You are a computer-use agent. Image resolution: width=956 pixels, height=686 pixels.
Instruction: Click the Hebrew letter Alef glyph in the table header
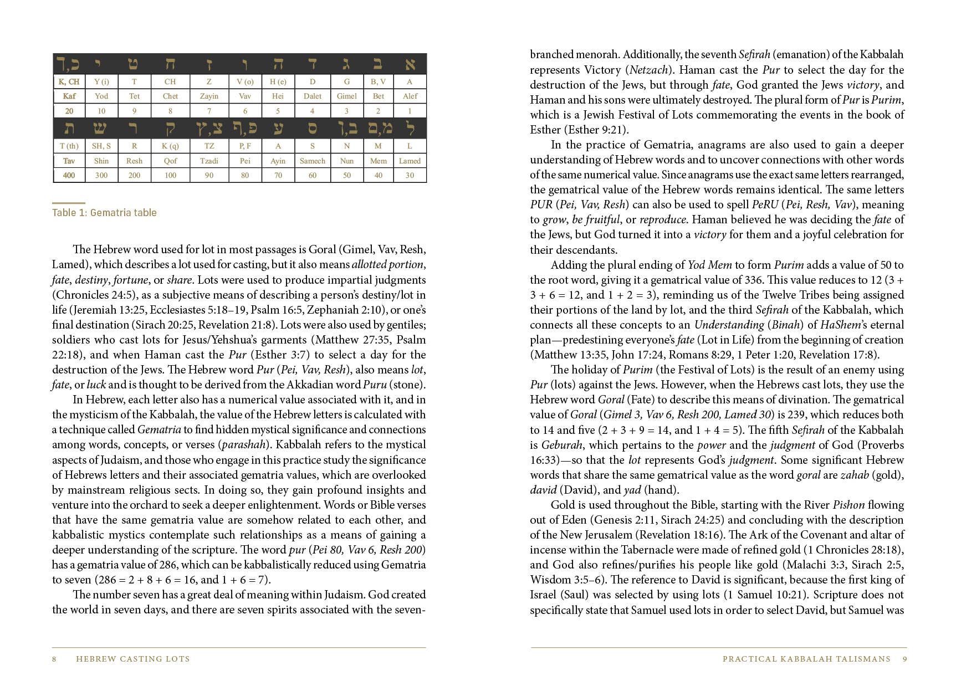(410, 64)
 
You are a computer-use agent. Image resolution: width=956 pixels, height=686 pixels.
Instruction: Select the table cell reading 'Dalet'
(312, 96)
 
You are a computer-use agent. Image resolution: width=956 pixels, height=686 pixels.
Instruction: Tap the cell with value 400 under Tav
(69, 175)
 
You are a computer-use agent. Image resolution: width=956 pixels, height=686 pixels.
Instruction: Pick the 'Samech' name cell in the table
(312, 161)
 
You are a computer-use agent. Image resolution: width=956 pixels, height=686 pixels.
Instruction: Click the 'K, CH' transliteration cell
(69, 81)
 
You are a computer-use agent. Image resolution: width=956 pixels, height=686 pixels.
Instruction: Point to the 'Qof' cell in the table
(170, 161)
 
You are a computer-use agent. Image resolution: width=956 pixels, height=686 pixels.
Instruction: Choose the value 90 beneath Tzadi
(209, 175)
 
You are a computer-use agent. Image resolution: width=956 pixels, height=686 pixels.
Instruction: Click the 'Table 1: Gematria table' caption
(104, 213)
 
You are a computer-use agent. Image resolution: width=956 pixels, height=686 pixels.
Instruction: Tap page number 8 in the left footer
(54, 659)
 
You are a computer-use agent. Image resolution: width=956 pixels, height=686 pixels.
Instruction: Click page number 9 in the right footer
(904, 659)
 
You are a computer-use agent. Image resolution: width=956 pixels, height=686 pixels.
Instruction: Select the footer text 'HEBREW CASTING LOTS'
(132, 659)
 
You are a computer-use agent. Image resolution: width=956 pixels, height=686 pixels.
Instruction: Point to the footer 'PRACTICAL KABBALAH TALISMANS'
(806, 659)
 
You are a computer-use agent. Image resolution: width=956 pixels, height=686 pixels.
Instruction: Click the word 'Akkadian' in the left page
(324, 385)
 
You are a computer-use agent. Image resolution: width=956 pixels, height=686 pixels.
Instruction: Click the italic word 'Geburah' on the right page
(561, 445)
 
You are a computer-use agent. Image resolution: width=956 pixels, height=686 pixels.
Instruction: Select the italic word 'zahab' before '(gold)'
(854, 475)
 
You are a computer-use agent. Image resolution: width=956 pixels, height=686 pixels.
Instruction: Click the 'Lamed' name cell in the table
(410, 161)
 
